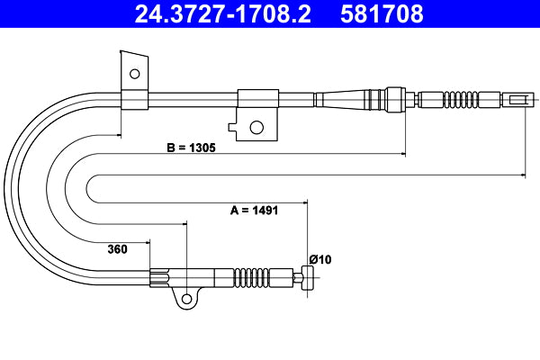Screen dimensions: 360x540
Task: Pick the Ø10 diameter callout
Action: pos(319,259)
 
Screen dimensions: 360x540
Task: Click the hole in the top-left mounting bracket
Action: pos(134,74)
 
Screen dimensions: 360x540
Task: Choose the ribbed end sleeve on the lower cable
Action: pos(159,277)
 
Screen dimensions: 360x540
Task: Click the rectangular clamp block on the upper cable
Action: pos(257,99)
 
